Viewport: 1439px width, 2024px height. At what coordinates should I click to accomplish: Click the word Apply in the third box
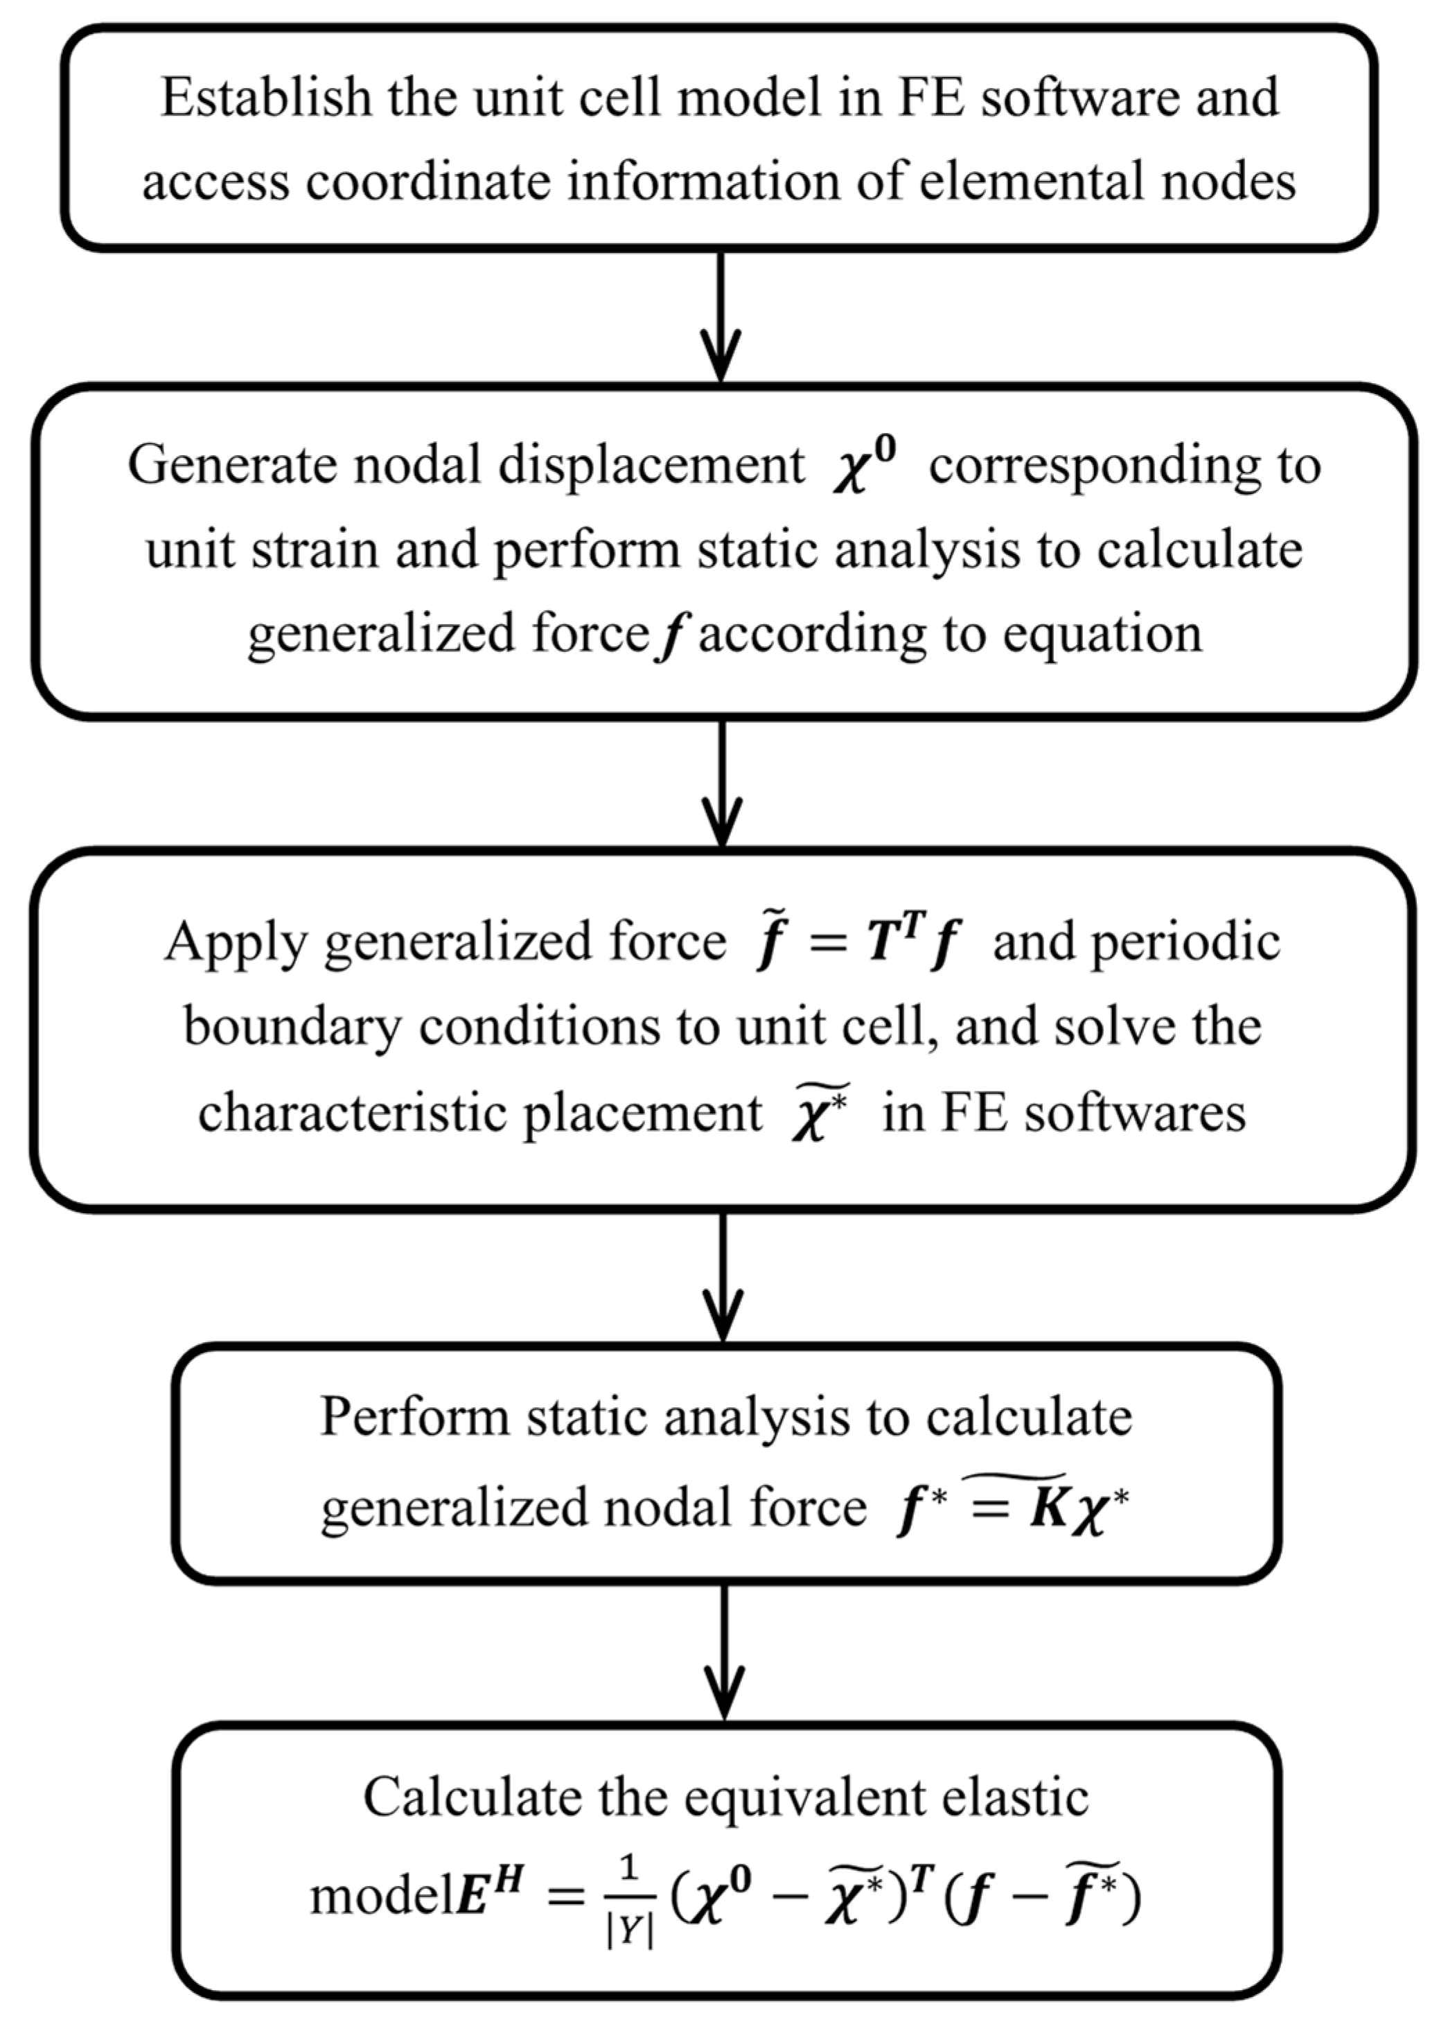coord(234,941)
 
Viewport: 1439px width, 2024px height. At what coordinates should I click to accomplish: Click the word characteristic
coord(351,1113)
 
